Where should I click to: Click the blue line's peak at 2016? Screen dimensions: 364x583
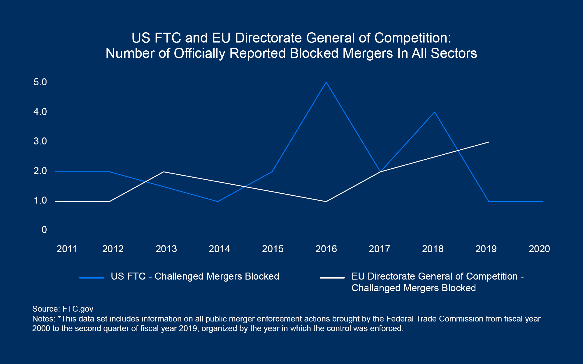pyautogui.click(x=326, y=82)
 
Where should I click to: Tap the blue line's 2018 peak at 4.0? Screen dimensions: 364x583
pyautogui.click(x=435, y=112)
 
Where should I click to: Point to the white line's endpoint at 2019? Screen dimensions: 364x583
pyautogui.click(x=489, y=142)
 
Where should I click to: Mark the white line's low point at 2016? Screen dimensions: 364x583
pyautogui.click(x=326, y=202)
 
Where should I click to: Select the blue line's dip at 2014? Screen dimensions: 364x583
pyautogui.click(x=218, y=202)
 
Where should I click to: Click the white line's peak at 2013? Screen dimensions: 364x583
pyautogui.click(x=164, y=172)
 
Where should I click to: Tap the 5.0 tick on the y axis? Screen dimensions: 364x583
pyautogui.click(x=40, y=82)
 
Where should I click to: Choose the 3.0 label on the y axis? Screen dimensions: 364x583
pyautogui.click(x=40, y=141)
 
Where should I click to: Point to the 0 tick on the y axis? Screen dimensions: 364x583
pyautogui.click(x=44, y=230)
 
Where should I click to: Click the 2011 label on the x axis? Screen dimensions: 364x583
pyautogui.click(x=67, y=249)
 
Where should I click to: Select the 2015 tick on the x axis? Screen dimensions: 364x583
pyautogui.click(x=273, y=249)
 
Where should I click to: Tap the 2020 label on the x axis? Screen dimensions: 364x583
pyautogui.click(x=539, y=249)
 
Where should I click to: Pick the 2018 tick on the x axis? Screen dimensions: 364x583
pyautogui.click(x=433, y=249)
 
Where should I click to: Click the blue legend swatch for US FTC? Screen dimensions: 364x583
pyautogui.click(x=92, y=278)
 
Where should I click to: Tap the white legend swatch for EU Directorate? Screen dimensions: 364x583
pyautogui.click(x=332, y=278)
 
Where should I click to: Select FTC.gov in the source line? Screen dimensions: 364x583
pyautogui.click(x=78, y=309)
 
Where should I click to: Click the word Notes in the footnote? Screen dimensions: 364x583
pyautogui.click(x=43, y=319)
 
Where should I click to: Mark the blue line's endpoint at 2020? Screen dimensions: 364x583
pyautogui.click(x=543, y=202)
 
